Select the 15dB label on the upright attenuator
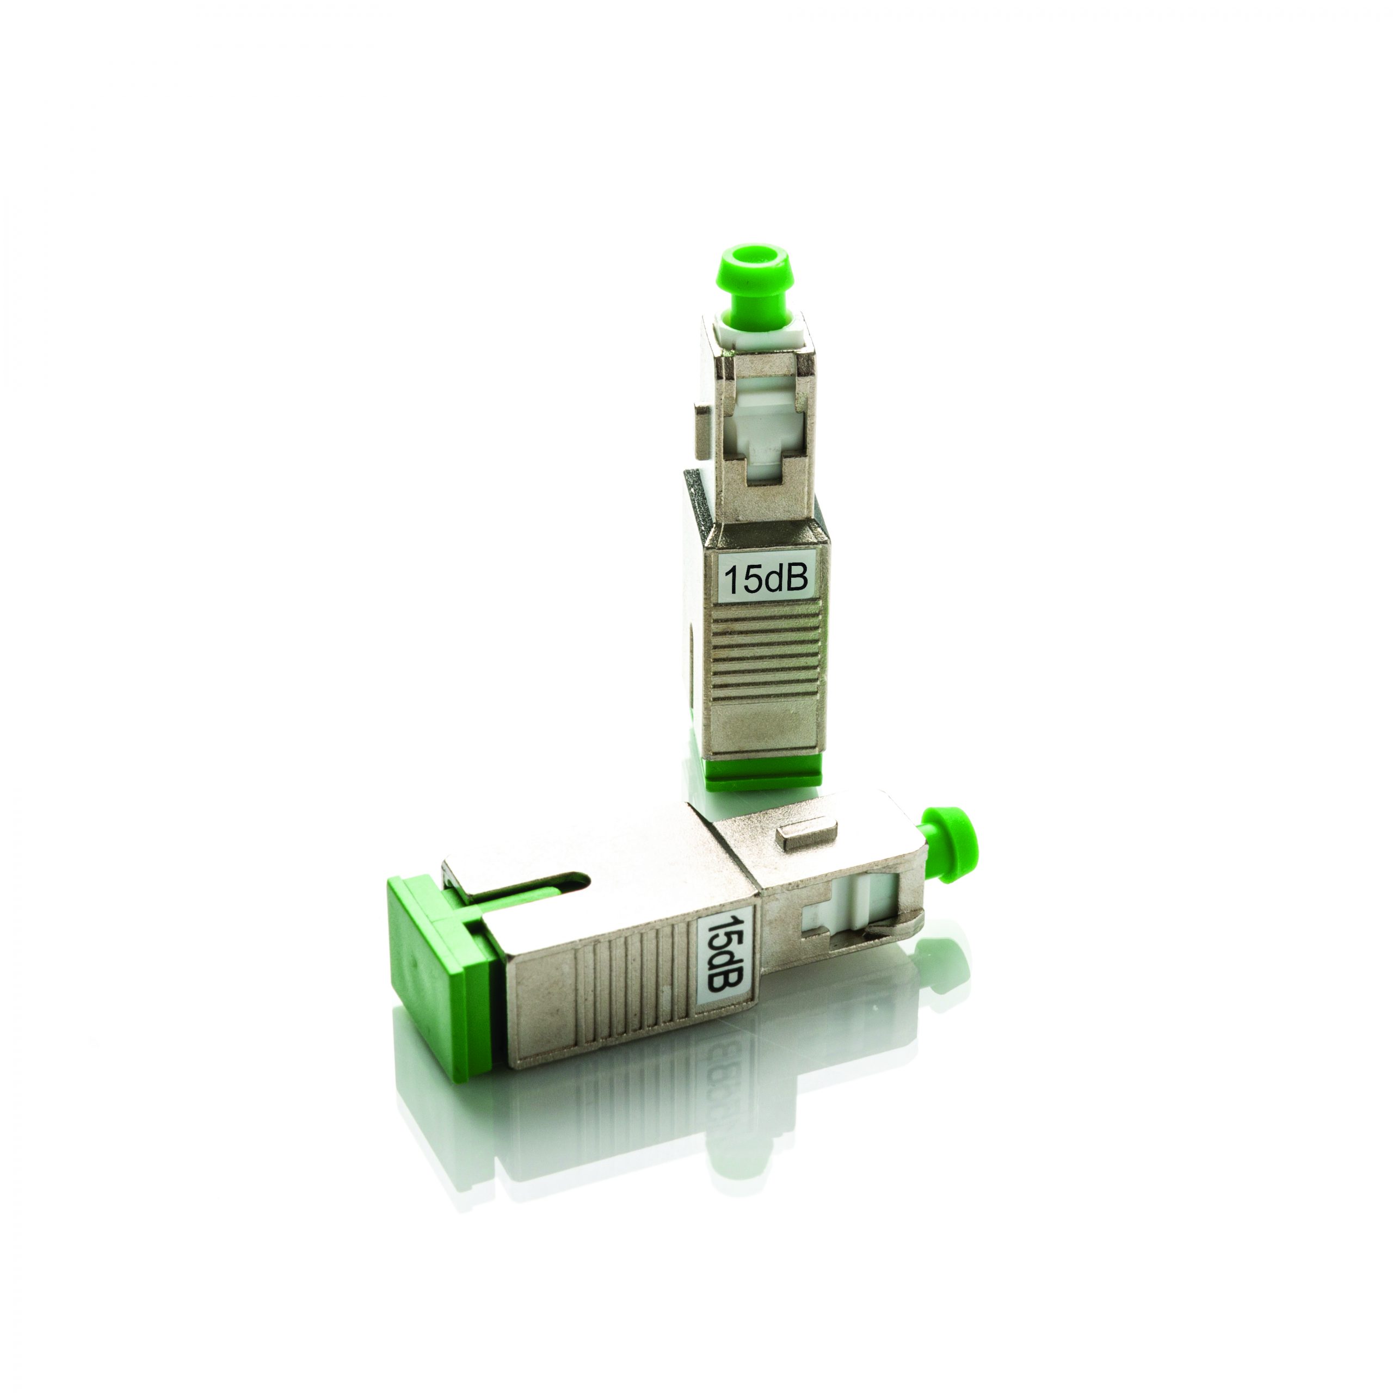coord(766,579)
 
